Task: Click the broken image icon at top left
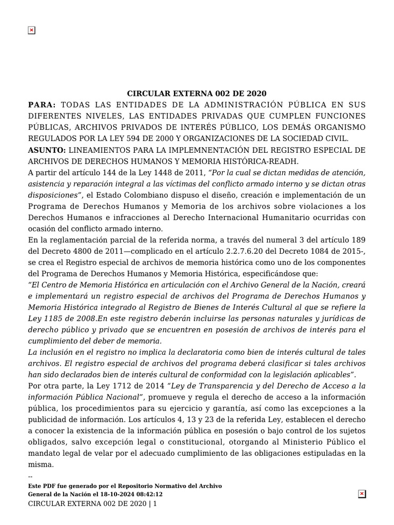pos(31,30)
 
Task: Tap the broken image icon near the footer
pos(362,494)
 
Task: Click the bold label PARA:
pos(42,105)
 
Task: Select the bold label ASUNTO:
pos(47,150)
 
